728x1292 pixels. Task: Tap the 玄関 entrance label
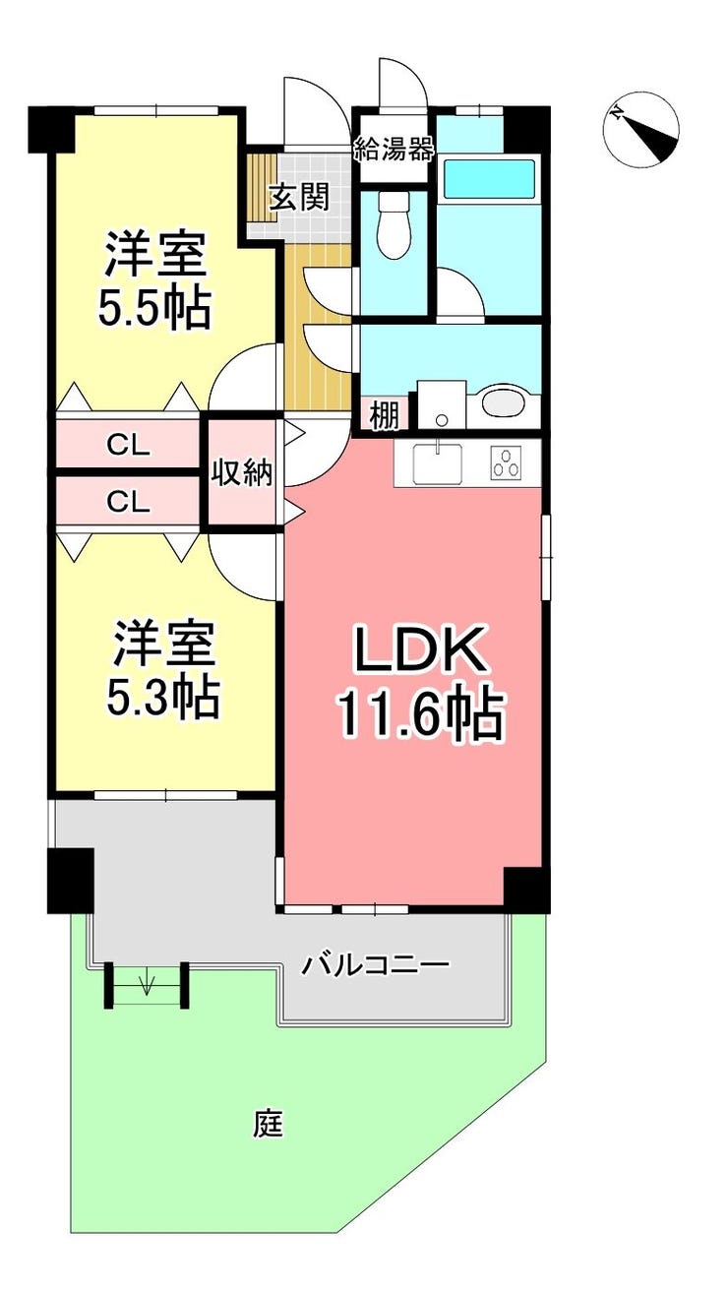click(x=299, y=198)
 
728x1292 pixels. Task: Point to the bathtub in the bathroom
click(x=489, y=178)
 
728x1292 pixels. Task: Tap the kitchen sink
click(x=439, y=464)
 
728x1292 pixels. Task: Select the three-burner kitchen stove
click(x=506, y=463)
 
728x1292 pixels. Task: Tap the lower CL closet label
click(x=128, y=503)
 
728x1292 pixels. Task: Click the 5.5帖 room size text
click(x=153, y=308)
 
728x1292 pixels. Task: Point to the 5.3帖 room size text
click(x=162, y=698)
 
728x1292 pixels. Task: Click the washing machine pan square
click(x=442, y=404)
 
